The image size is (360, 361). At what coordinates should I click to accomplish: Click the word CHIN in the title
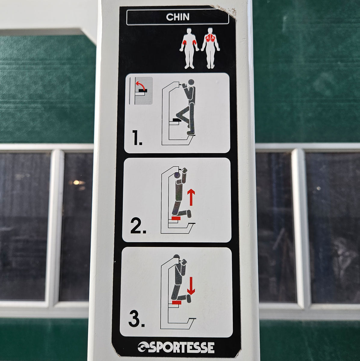click(177, 17)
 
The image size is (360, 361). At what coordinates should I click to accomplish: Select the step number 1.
click(137, 138)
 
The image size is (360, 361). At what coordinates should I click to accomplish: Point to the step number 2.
click(138, 227)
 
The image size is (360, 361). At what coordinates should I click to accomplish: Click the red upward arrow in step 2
click(191, 197)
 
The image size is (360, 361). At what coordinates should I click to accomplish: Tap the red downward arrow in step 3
click(191, 288)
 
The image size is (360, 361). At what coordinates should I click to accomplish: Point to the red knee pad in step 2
click(176, 218)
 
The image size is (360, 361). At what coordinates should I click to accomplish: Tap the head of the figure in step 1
click(191, 83)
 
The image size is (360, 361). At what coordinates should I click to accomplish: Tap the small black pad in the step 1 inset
click(143, 91)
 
